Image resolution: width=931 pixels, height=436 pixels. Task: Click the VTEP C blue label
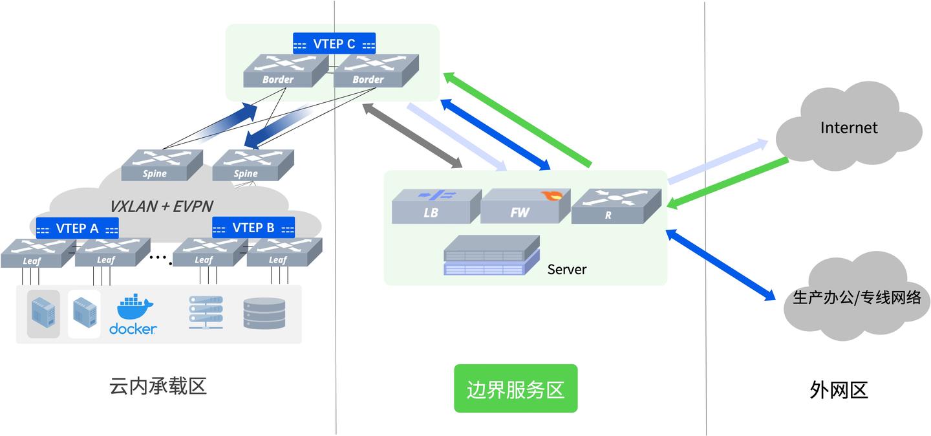pyautogui.click(x=334, y=44)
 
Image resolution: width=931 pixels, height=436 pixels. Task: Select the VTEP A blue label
pyautogui.click(x=77, y=228)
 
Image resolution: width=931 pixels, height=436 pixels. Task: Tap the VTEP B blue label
pyautogui.click(x=253, y=228)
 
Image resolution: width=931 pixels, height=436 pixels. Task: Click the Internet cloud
pyautogui.click(x=848, y=127)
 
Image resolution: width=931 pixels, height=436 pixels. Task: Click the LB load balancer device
pyautogui.click(x=436, y=206)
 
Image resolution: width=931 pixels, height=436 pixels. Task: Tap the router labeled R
pyautogui.click(x=615, y=206)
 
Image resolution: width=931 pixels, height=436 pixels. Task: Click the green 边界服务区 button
pyautogui.click(x=515, y=389)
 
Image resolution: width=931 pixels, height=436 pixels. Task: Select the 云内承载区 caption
pyautogui.click(x=158, y=387)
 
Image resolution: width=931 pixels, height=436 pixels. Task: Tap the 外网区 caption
pyautogui.click(x=839, y=390)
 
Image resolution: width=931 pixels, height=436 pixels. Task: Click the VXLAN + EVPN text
pyautogui.click(x=161, y=206)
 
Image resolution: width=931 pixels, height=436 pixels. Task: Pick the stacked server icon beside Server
pyautogui.click(x=491, y=256)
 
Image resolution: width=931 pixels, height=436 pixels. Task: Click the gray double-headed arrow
pyautogui.click(x=412, y=135)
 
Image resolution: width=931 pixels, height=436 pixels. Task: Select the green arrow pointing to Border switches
pyautogui.click(x=517, y=120)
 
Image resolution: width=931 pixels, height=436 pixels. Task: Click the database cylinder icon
pyautogui.click(x=264, y=313)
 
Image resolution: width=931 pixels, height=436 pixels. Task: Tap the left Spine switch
pyautogui.click(x=162, y=165)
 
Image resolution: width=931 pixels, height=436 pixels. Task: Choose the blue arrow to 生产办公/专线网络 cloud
pyautogui.click(x=720, y=265)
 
